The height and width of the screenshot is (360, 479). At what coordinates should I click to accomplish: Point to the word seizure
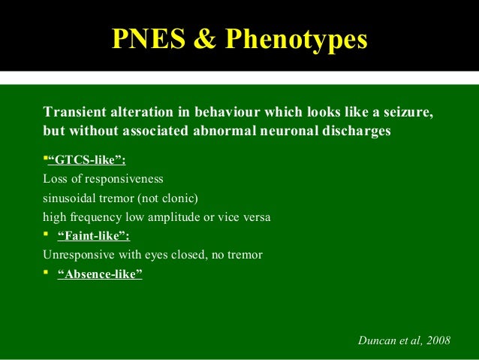click(406, 113)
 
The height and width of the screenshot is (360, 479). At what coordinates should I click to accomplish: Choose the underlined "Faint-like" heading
click(93, 237)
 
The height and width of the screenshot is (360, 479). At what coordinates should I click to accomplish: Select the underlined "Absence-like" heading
click(100, 274)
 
